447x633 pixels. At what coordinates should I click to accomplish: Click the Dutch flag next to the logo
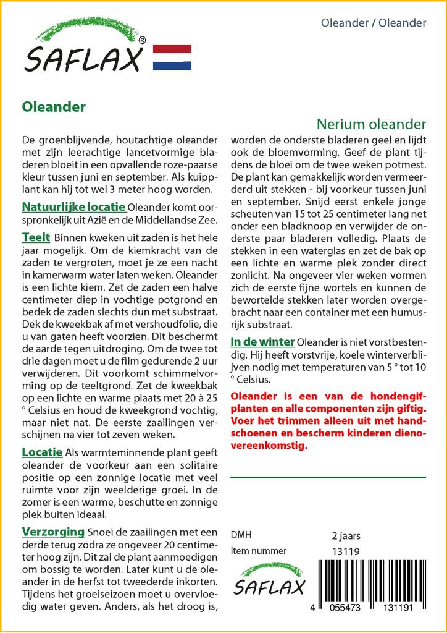pyautogui.click(x=172, y=57)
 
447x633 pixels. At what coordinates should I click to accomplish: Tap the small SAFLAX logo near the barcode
pyautogui.click(x=269, y=581)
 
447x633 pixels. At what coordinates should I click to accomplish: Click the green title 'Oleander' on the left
pyautogui.click(x=54, y=107)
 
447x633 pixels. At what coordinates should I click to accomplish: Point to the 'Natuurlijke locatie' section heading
pyautogui.click(x=73, y=206)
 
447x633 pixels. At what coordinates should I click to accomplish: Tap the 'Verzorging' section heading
pyautogui.click(x=53, y=532)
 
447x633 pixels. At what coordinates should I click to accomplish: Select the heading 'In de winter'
pyautogui.click(x=262, y=341)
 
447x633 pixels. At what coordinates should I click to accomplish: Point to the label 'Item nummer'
pyautogui.click(x=258, y=551)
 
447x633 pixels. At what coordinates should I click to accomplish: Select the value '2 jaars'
pyautogui.click(x=346, y=535)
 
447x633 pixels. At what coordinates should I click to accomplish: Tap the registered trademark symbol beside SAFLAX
pyautogui.click(x=143, y=41)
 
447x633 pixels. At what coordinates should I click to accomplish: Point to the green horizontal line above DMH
pyautogui.click(x=328, y=477)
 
